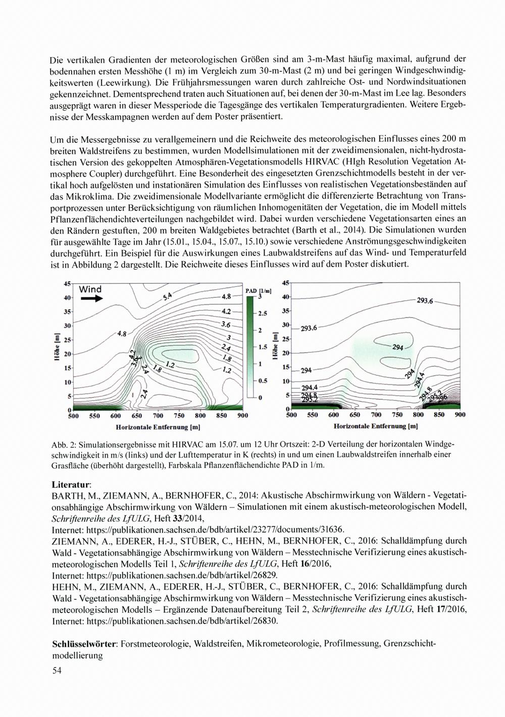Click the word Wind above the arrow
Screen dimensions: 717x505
90,289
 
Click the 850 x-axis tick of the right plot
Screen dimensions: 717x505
439,415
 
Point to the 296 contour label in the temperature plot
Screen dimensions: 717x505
443,398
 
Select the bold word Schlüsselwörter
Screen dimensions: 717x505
84,645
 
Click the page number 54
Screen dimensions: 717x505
57,671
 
